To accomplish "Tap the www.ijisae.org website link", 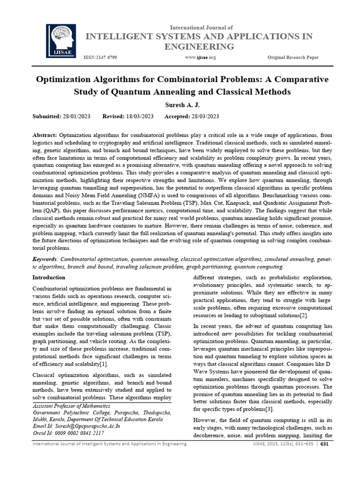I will click(200, 57).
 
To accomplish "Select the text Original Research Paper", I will click(293, 57).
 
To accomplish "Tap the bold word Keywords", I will click(45, 259).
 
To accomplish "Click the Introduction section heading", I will click(49, 277).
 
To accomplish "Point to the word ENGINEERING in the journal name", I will click(199, 46).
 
